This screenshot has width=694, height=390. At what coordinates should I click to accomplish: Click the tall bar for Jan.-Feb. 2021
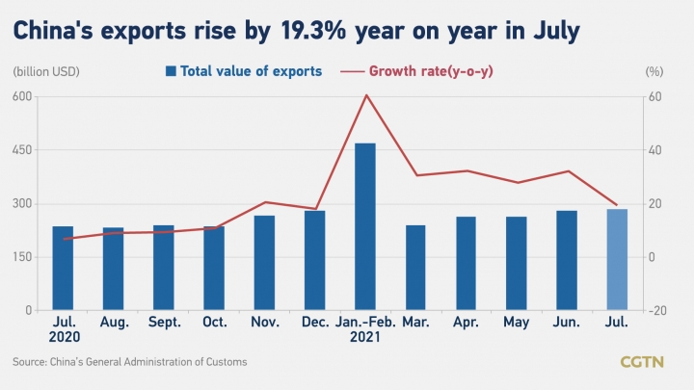(x=365, y=226)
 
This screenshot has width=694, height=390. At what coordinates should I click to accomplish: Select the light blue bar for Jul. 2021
(x=617, y=260)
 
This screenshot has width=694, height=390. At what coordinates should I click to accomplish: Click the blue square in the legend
(x=171, y=71)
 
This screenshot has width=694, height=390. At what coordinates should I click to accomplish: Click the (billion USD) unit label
(x=47, y=71)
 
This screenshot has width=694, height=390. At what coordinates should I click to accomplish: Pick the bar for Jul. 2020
(x=63, y=269)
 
